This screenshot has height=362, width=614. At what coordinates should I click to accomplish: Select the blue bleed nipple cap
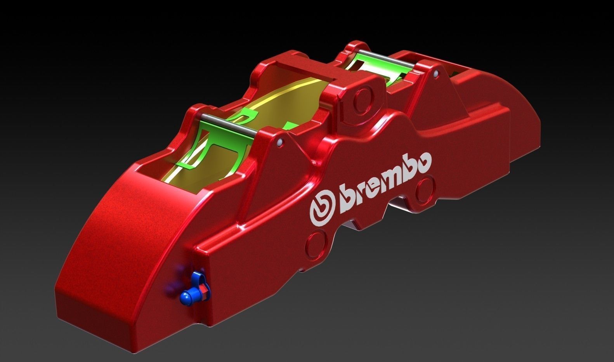point(186,297)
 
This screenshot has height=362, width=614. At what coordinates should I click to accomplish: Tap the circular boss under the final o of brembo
point(426,190)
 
